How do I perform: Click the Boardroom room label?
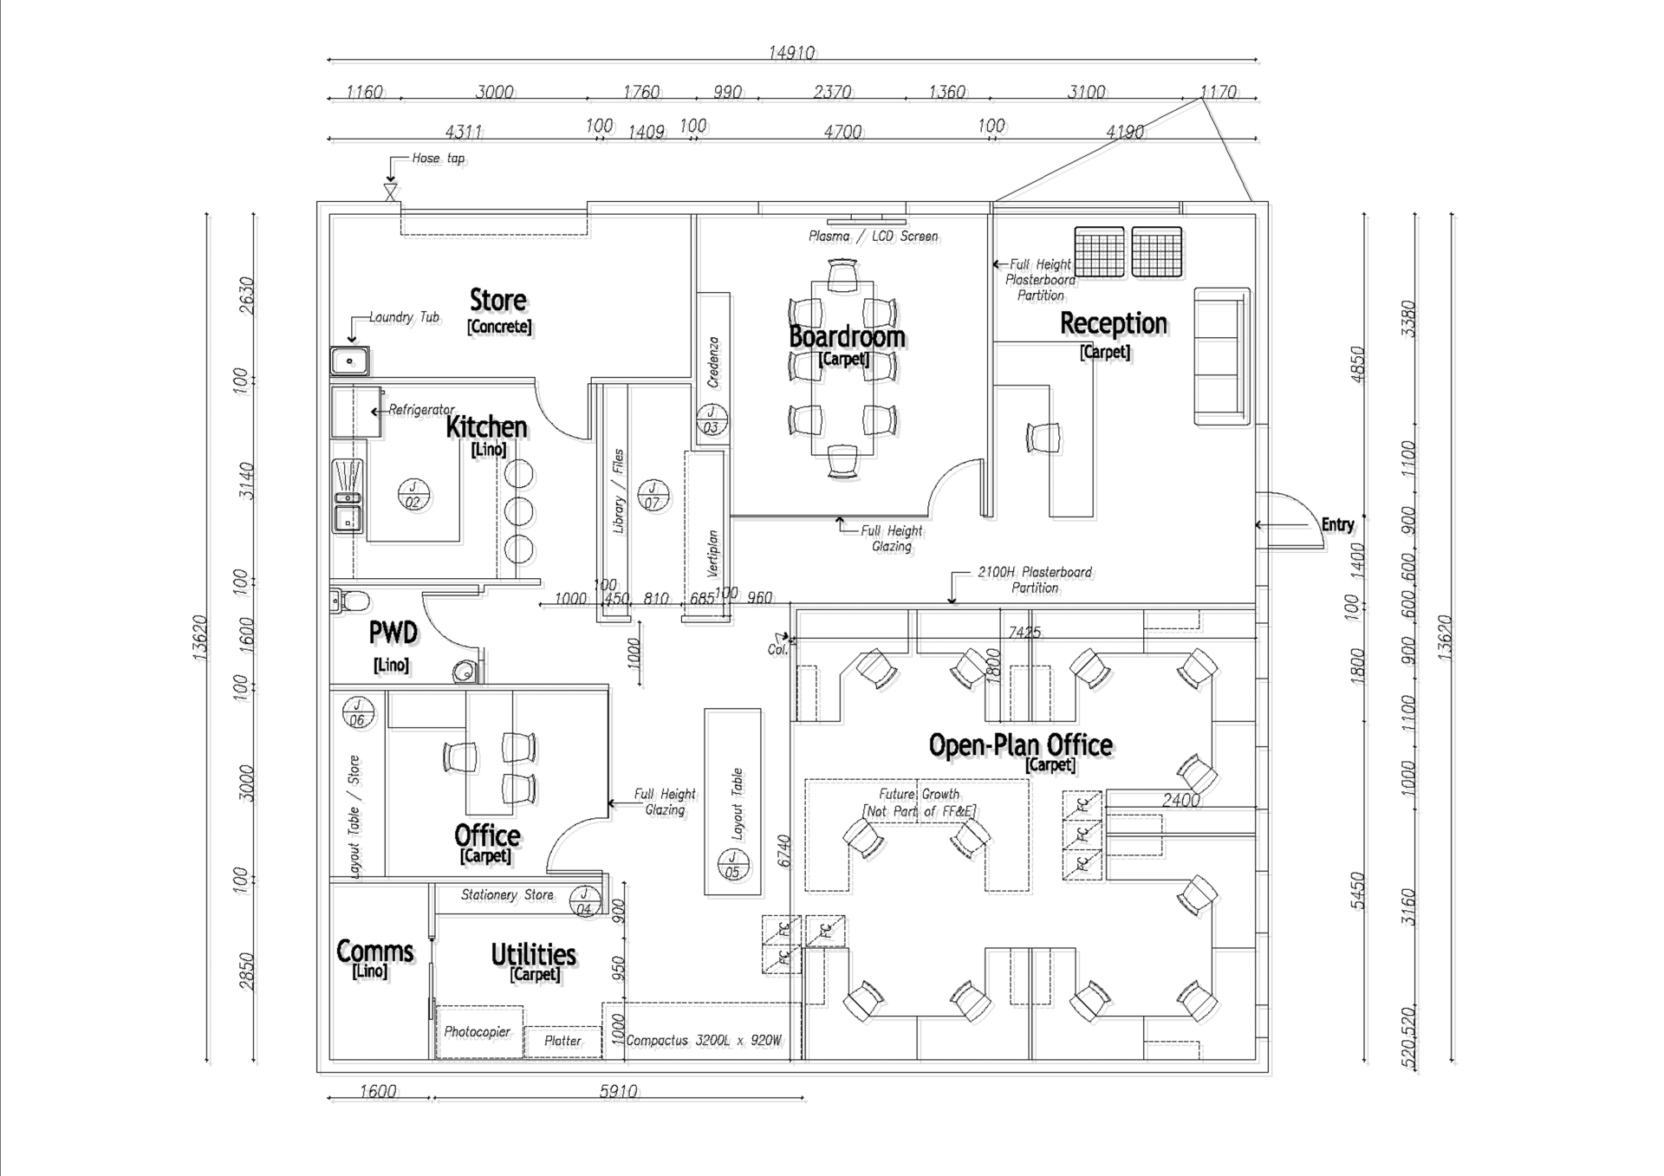click(847, 336)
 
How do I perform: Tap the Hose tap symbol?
click(390, 192)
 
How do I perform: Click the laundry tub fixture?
click(349, 361)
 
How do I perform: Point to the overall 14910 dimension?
click(791, 53)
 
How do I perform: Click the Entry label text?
click(1336, 524)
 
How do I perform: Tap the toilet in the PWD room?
click(350, 600)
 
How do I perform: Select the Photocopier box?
click(478, 1031)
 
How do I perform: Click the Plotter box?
click(562, 1041)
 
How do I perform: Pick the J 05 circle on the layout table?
click(732, 865)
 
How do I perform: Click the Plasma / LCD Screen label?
click(873, 236)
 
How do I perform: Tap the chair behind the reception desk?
click(1043, 437)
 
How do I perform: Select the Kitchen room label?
click(486, 427)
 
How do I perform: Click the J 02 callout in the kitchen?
click(413, 495)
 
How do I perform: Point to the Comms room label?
click(374, 952)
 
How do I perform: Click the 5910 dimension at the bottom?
click(618, 1091)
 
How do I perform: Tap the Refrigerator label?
click(421, 409)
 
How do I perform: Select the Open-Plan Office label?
click(1020, 745)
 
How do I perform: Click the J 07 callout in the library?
click(653, 495)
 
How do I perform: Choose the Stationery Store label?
click(507, 894)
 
